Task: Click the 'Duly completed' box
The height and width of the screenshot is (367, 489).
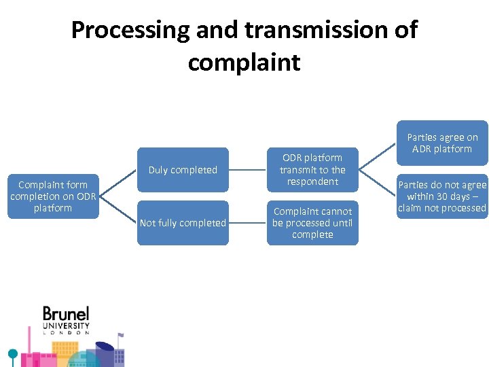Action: tap(183, 170)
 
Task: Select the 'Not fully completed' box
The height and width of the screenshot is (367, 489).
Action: tap(183, 223)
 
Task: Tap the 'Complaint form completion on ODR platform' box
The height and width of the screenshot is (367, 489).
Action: tap(53, 196)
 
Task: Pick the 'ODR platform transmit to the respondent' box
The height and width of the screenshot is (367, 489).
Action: tap(312, 170)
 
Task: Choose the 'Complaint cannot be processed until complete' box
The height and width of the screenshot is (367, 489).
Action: tap(312, 223)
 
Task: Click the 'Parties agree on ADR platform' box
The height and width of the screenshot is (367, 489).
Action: tap(442, 143)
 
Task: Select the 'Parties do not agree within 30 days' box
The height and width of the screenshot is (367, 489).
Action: tap(442, 196)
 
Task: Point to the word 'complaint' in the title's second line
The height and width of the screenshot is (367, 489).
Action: tap(244, 63)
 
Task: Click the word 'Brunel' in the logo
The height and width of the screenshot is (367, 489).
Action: tap(66, 315)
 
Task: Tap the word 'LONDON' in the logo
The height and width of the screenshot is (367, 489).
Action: tap(66, 333)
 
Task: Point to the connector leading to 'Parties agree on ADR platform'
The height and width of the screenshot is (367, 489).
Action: tap(377, 157)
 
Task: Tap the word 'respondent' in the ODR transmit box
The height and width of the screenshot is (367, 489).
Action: tap(312, 181)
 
